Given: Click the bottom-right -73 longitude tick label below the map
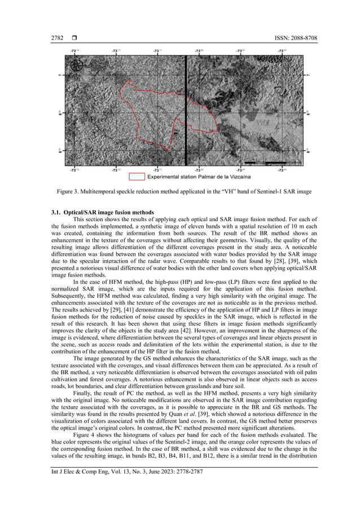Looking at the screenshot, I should coord(282,169).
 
